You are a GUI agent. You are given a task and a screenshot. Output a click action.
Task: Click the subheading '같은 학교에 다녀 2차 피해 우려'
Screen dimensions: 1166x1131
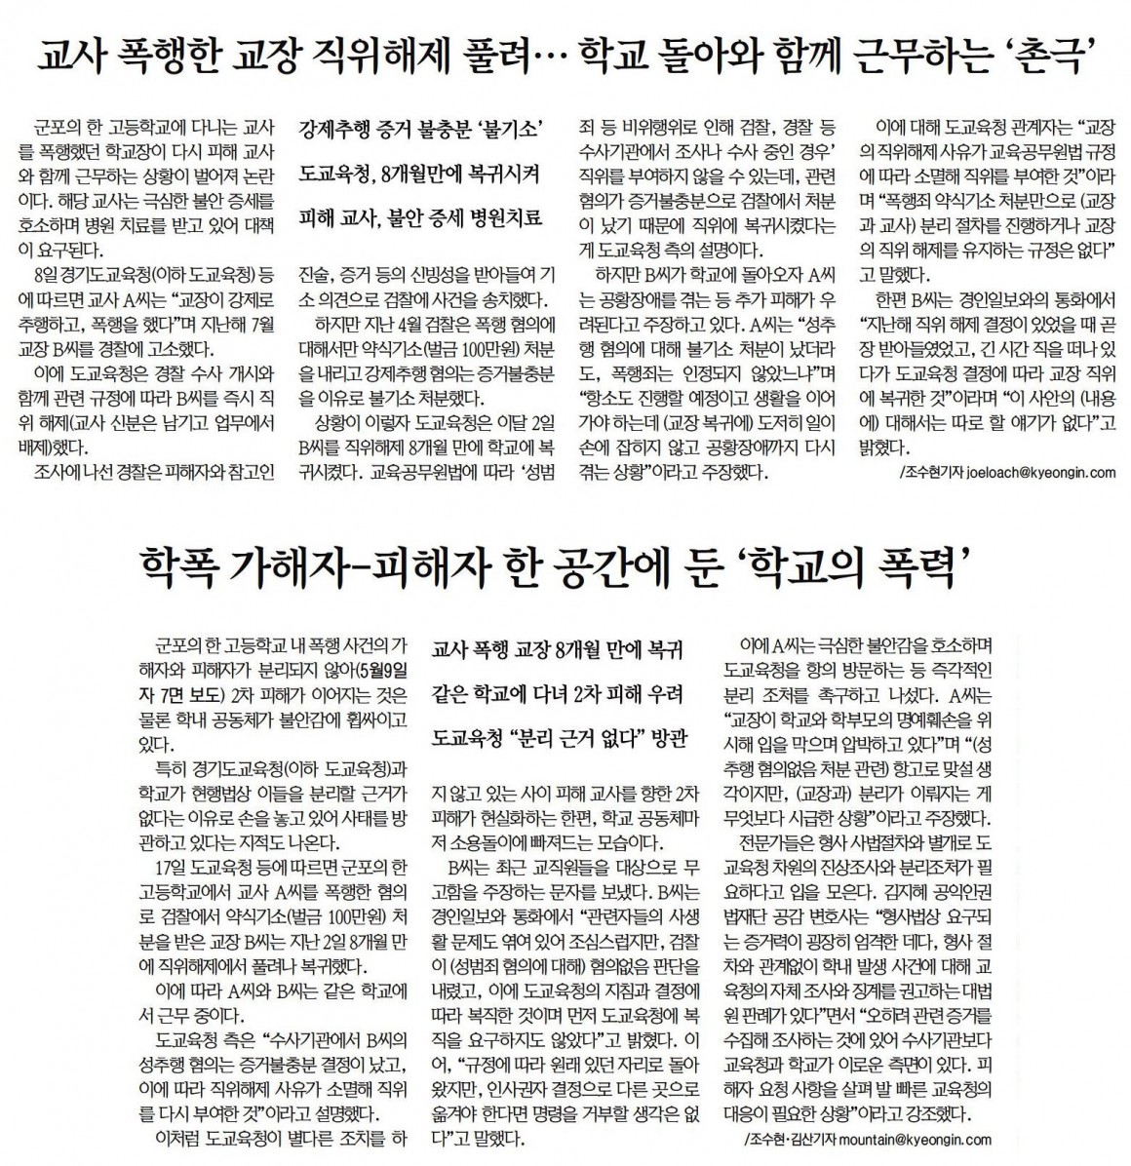point(558,694)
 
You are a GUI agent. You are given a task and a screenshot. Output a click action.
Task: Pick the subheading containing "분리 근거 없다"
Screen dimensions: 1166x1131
point(558,738)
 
